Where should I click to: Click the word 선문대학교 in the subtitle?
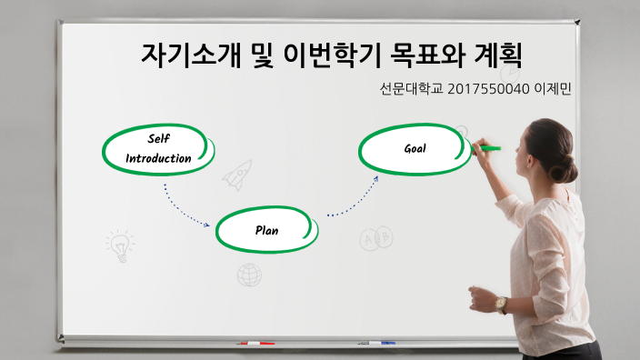point(412,91)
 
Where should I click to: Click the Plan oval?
point(267,230)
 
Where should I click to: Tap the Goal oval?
point(415,148)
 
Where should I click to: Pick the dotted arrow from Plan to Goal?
point(355,198)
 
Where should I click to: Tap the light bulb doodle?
point(118,245)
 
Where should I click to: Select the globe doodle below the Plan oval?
point(249,274)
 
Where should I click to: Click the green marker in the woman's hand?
point(488,147)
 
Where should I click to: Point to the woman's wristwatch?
point(502,304)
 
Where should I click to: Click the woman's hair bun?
point(566,168)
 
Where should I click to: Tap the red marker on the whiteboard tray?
point(255,343)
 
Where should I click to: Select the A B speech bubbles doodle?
point(375,238)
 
